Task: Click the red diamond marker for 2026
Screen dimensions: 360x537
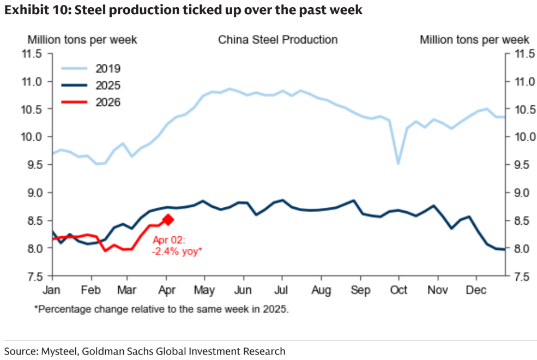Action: [x=168, y=220]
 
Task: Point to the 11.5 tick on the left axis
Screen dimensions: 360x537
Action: [x=31, y=53]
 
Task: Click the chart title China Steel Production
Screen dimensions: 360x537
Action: [x=277, y=40]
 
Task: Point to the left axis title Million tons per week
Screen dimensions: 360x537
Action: [x=82, y=40]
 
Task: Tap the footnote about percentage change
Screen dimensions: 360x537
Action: [x=161, y=309]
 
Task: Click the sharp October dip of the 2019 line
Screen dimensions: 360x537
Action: [x=399, y=163]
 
